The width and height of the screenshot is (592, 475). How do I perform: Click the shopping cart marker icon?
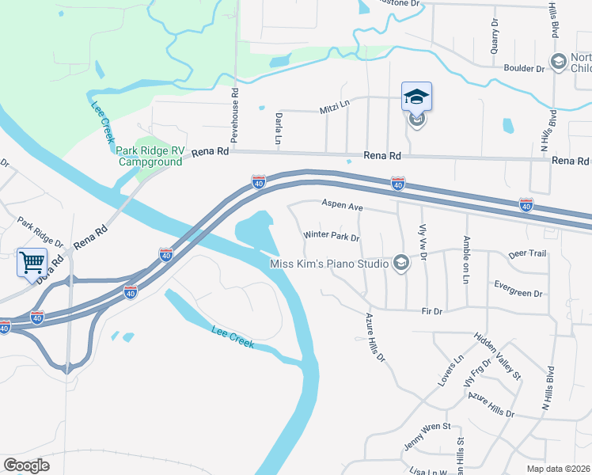pos(32,262)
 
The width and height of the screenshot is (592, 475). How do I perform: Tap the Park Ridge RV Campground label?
pos(150,156)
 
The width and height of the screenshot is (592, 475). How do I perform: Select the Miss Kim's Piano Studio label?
pos(328,264)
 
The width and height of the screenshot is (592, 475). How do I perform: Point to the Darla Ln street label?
pos(279,127)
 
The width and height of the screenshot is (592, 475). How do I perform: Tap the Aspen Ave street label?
pos(342,205)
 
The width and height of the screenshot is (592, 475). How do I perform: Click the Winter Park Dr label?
pos(332,237)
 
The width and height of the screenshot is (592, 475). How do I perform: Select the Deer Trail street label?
pos(527,254)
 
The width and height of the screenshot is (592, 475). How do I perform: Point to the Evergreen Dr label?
pos(517,293)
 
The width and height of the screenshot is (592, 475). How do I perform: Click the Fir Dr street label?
pos(432,312)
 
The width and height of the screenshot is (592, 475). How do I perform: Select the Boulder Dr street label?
pos(525,69)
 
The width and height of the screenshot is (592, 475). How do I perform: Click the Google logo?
pos(26,465)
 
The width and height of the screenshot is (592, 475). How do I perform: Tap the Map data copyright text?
pos(559,469)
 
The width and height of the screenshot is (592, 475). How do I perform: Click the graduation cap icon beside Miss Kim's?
pos(401,263)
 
